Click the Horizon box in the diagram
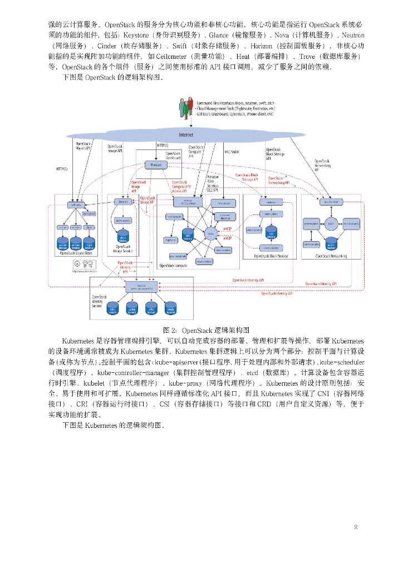(x=156, y=164)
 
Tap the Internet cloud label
(x=186, y=135)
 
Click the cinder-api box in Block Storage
(x=271, y=202)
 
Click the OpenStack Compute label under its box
(x=175, y=266)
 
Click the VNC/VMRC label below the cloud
(x=232, y=151)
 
